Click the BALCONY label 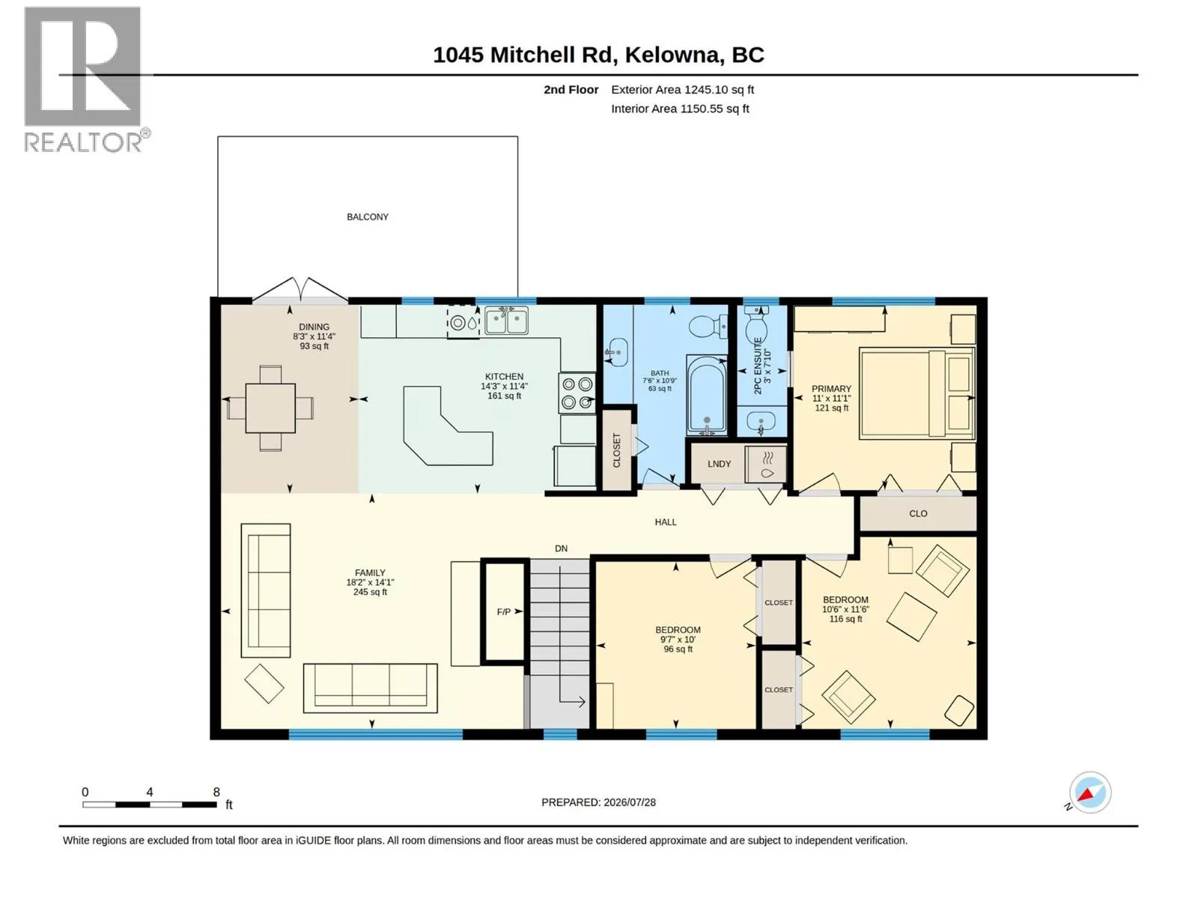[x=368, y=217]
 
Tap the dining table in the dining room [x=270, y=408]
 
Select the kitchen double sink [x=506, y=321]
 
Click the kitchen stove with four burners [x=577, y=393]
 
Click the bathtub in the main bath [x=707, y=396]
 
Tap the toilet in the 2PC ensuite [x=756, y=324]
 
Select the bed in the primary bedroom [x=917, y=393]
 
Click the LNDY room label [x=719, y=464]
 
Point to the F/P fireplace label [x=503, y=612]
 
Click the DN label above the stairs [x=561, y=548]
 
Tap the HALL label [x=666, y=522]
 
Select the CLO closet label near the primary [x=918, y=514]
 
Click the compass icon [x=1089, y=793]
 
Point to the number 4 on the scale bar [x=150, y=792]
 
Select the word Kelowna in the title [x=672, y=55]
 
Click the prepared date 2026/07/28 [x=629, y=802]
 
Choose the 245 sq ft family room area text [x=370, y=592]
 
